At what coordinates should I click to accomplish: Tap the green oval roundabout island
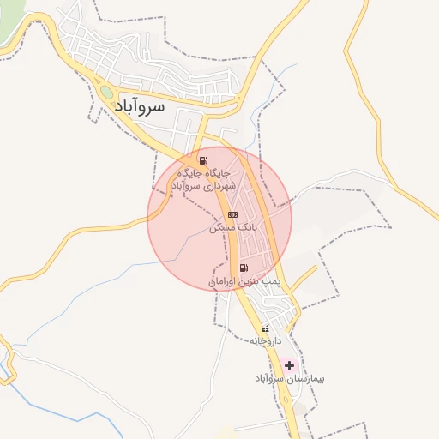pyautogui.click(x=106, y=92)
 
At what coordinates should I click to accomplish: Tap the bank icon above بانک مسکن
pyautogui.click(x=232, y=214)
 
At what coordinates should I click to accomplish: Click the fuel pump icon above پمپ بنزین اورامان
pyautogui.click(x=244, y=268)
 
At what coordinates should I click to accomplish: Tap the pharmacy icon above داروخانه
pyautogui.click(x=265, y=329)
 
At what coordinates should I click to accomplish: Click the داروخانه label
pyautogui.click(x=266, y=342)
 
